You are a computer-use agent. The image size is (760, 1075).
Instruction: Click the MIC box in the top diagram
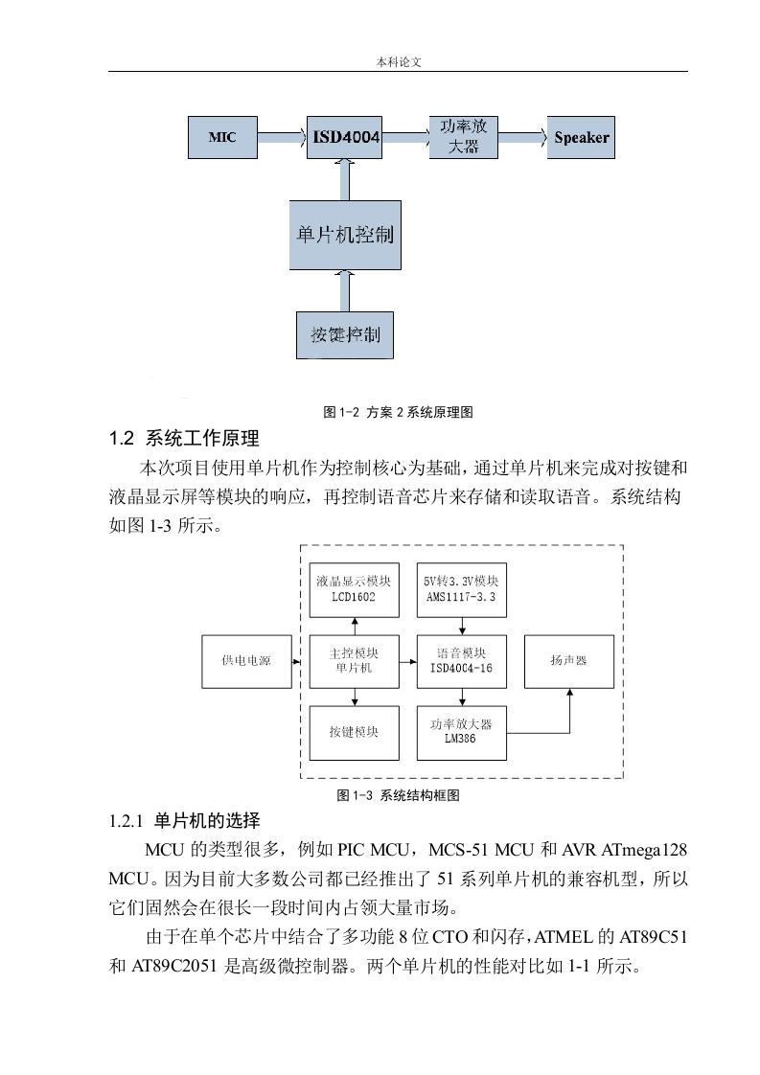pos(223,137)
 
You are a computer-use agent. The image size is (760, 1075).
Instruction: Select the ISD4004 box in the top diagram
pos(344,137)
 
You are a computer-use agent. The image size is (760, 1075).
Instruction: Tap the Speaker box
pos(581,137)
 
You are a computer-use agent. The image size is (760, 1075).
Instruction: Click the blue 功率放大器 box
pos(464,137)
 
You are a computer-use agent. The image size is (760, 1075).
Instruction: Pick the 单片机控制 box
pos(345,235)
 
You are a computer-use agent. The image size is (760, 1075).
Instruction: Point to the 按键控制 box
pos(345,335)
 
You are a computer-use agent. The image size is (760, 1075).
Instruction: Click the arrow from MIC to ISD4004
pos(282,137)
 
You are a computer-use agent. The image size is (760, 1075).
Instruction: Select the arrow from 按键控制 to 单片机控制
pos(345,290)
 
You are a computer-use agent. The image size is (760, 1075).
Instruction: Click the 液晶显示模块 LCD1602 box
pos(354,589)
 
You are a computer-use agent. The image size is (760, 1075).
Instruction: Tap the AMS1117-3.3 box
pos(462,589)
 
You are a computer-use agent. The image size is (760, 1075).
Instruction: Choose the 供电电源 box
pos(247,662)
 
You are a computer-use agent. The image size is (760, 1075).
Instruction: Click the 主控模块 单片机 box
pos(354,662)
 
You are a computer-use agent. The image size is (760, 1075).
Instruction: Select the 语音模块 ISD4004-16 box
pos(462,662)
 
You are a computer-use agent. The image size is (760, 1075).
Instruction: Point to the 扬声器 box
pos(569,662)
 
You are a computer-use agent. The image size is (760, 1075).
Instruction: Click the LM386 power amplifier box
pos(462,733)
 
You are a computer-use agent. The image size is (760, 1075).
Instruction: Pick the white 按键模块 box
pos(354,733)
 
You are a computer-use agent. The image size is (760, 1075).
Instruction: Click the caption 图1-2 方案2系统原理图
pos(398,412)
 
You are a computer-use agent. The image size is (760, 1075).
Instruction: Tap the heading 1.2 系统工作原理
pos(184,439)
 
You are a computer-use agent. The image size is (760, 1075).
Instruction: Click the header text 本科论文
pos(399,61)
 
